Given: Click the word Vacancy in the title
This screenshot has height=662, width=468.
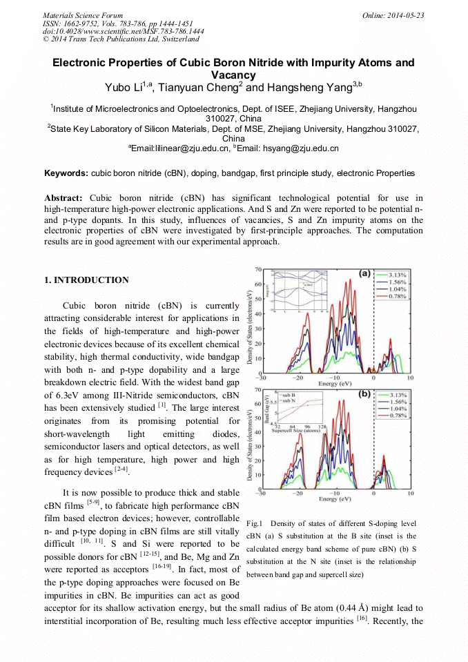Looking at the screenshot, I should click(233, 75).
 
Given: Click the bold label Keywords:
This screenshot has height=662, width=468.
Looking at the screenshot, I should click(66, 173).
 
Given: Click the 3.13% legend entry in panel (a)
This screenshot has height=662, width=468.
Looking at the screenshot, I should click(396, 275).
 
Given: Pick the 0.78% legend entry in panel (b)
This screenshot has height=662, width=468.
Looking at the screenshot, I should click(396, 416).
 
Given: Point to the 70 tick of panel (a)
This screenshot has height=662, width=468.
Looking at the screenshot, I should click(257, 269).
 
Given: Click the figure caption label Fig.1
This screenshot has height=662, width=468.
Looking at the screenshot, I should click(255, 524).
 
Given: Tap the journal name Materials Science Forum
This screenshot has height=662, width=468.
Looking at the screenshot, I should click(82, 15).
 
